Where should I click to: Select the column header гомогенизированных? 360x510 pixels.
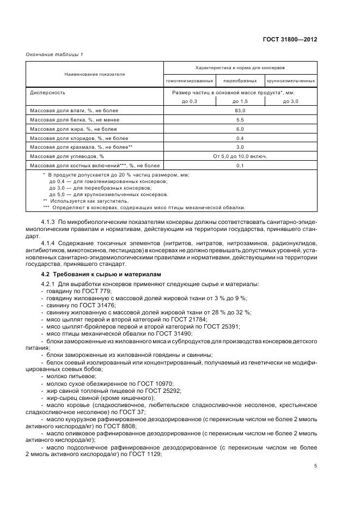[x=190, y=80]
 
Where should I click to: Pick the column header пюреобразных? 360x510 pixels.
[x=240, y=80]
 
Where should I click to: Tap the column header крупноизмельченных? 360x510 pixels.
[x=290, y=80]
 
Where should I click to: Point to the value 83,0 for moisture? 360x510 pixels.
[x=240, y=111]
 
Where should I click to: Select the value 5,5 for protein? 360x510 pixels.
[x=240, y=119]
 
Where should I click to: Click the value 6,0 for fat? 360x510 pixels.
[x=240, y=129]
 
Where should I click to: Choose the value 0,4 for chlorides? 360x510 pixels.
[x=240, y=138]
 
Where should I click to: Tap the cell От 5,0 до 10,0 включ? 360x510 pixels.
[x=240, y=156]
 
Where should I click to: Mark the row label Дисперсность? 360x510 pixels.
[x=48, y=93]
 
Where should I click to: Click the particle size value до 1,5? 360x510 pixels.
[x=240, y=101]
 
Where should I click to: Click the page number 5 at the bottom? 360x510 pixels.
[x=316, y=465]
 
